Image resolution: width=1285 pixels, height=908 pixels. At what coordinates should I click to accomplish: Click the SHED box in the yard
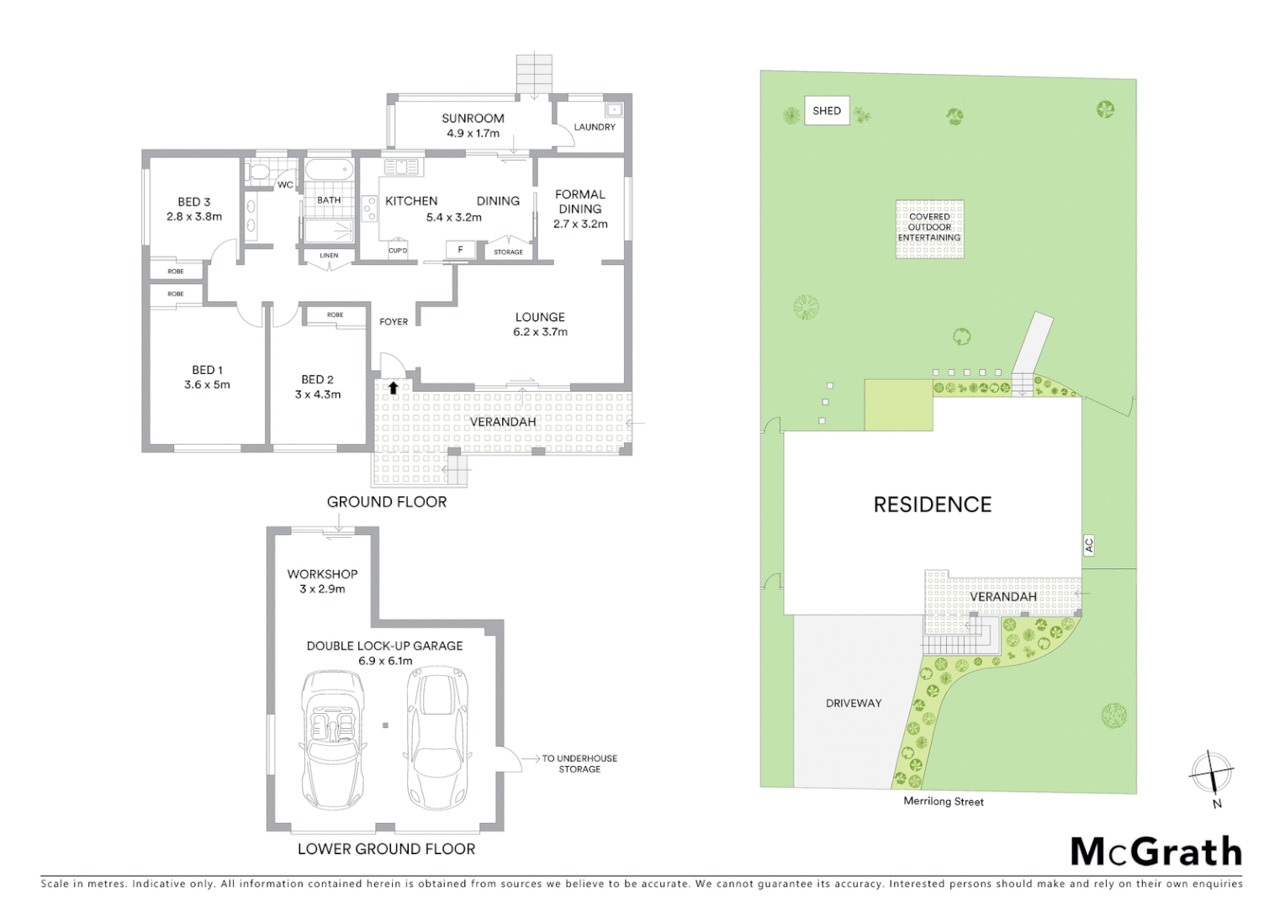[x=827, y=111]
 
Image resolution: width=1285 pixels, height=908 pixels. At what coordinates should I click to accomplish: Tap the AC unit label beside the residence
[x=1088, y=545]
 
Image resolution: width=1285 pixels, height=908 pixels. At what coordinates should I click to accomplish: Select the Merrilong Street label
[x=944, y=801]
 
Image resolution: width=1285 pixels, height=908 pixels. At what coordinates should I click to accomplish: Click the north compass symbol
[x=1211, y=773]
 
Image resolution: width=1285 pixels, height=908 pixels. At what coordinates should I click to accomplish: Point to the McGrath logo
[x=1155, y=852]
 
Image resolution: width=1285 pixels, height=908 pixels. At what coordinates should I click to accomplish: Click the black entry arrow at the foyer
[x=393, y=388]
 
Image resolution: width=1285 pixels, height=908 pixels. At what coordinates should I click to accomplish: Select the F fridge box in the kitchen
[x=460, y=250]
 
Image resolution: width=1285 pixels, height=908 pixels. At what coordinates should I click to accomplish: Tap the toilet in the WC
[x=259, y=172]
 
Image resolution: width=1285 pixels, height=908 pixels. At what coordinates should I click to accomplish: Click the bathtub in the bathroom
[x=328, y=170]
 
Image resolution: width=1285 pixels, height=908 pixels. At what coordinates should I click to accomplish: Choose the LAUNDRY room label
[x=595, y=127]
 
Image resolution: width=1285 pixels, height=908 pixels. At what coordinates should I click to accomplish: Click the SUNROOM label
[x=473, y=119]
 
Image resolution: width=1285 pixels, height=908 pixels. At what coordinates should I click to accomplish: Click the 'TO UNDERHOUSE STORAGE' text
[x=579, y=763]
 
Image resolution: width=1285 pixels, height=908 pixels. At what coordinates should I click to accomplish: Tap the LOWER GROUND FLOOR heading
[x=386, y=849]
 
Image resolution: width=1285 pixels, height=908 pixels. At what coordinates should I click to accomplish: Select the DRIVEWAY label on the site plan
[x=854, y=703]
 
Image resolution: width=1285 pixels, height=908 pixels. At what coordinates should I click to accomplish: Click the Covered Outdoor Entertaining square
[x=929, y=228]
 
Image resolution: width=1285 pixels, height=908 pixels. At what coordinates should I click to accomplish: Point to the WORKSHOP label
[x=322, y=574]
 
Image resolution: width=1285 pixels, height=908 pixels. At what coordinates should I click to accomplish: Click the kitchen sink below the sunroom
[x=401, y=166]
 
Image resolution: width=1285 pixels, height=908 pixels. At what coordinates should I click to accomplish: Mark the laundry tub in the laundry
[x=614, y=109]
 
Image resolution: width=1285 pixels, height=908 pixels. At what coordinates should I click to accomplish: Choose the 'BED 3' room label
[x=194, y=202]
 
